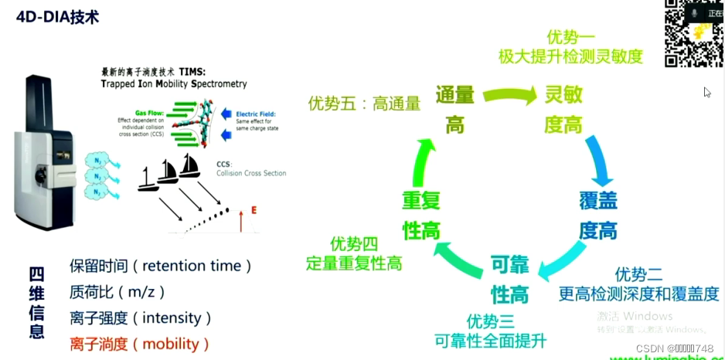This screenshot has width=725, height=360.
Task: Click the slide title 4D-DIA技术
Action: tap(57, 16)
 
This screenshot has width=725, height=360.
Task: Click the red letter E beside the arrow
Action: tap(254, 209)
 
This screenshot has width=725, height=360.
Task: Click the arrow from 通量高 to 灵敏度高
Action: tap(509, 96)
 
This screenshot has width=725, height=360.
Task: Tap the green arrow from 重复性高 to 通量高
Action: tap(420, 164)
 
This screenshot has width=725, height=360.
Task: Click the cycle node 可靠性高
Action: tap(509, 280)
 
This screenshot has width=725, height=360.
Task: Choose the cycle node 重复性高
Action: tap(421, 215)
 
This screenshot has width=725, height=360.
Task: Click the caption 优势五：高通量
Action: tap(364, 102)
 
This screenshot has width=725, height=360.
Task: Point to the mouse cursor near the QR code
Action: tap(706, 92)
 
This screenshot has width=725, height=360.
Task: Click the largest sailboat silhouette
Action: tap(189, 166)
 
